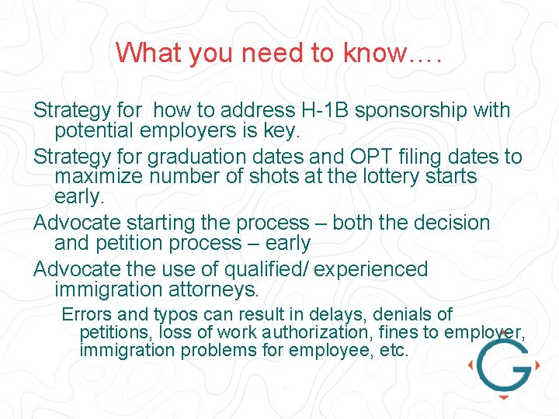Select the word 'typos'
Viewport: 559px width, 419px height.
tap(175, 314)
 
